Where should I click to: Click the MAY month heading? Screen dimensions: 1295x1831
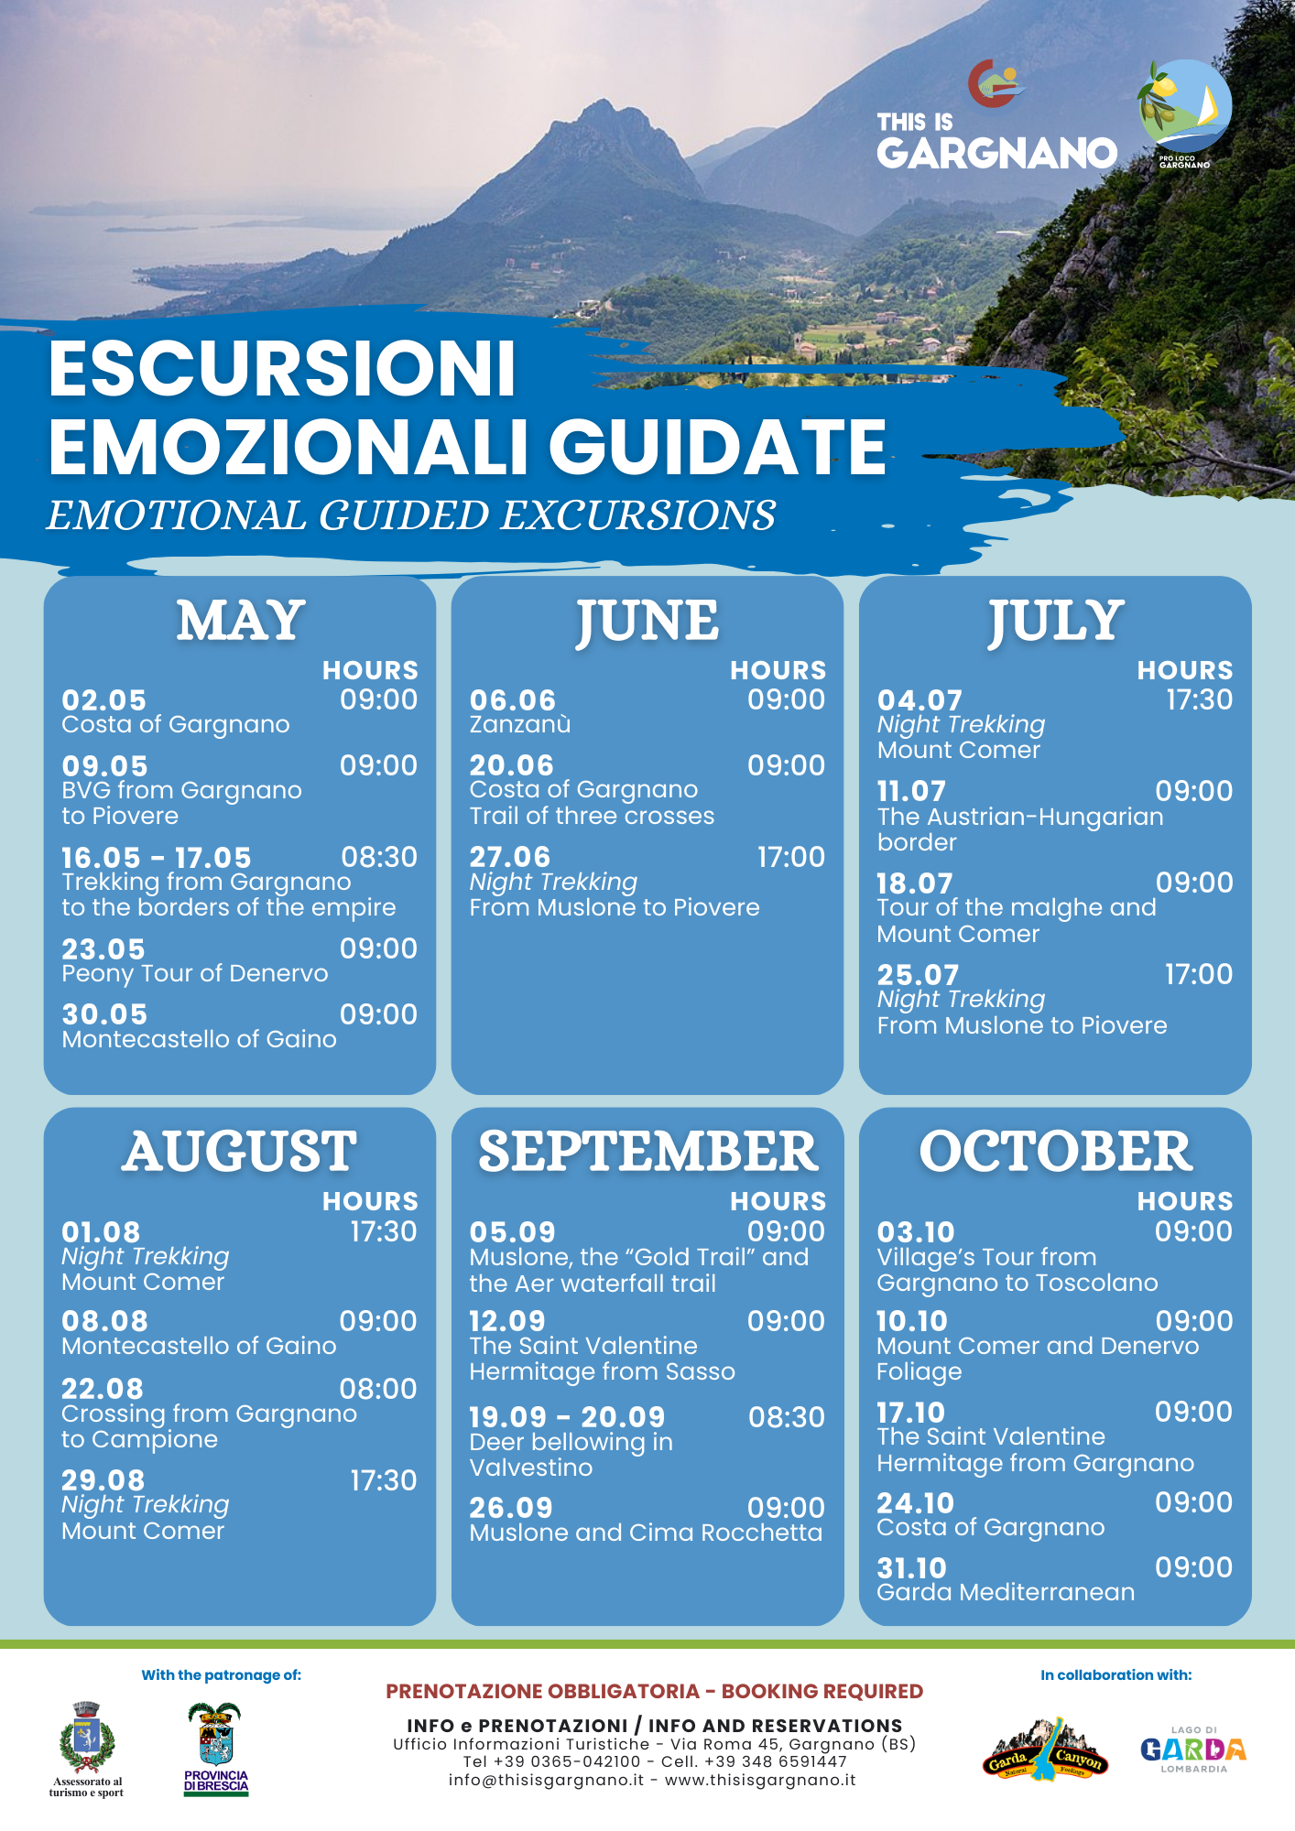pyautogui.click(x=241, y=621)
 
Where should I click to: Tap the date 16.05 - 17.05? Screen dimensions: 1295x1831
pyautogui.click(x=157, y=858)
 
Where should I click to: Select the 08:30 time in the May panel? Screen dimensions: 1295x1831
pyautogui.click(x=379, y=857)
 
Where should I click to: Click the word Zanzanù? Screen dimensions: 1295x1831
pyautogui.click(x=520, y=724)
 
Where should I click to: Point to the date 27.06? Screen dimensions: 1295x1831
pyautogui.click(x=510, y=857)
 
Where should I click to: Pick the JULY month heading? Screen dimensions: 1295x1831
pyautogui.click(x=1056, y=623)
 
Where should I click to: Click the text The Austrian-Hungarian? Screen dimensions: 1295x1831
pyautogui.click(x=1020, y=817)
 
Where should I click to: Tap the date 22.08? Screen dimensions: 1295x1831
pyautogui.click(x=103, y=1389)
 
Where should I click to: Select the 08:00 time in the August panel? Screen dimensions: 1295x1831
pyautogui.click(x=378, y=1389)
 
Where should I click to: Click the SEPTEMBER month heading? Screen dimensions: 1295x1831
pyautogui.click(x=648, y=1152)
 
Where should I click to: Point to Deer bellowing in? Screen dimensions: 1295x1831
pyautogui.click(x=571, y=1442)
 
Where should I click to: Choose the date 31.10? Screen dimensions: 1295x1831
pyautogui.click(x=912, y=1568)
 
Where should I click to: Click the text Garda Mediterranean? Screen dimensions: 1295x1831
pyautogui.click(x=1006, y=1593)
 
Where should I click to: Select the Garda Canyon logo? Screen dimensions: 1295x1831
pyautogui.click(x=1045, y=1750)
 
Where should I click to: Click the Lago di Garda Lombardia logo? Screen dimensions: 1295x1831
pyautogui.click(x=1193, y=1750)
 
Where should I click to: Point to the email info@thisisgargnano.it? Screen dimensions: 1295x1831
pyautogui.click(x=546, y=1780)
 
